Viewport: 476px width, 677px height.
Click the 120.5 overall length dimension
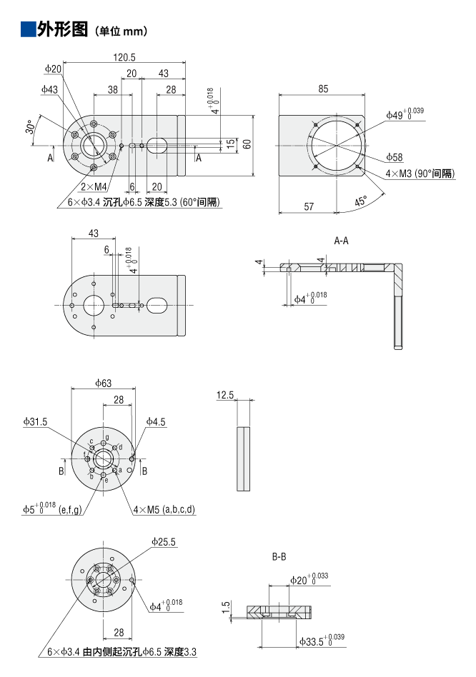(124, 56)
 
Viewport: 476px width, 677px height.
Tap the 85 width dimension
(324, 89)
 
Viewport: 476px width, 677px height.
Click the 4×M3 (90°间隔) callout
(420, 173)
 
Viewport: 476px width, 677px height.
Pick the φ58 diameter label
(395, 156)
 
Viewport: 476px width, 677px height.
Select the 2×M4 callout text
(92, 186)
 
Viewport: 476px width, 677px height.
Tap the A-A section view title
(342, 241)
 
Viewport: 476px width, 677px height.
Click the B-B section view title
(279, 556)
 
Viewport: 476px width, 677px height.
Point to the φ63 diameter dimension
(103, 383)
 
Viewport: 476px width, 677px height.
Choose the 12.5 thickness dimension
(225, 395)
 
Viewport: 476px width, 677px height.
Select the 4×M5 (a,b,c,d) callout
(164, 509)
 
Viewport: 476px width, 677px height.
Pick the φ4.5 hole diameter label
(156, 421)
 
